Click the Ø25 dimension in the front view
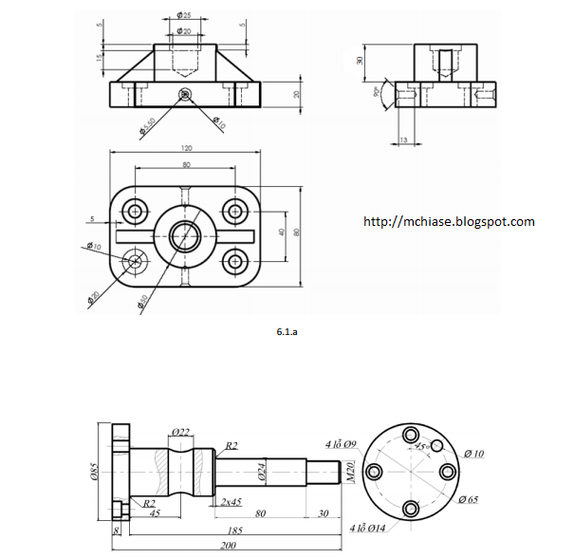coord(183,16)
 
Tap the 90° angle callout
coord(378,93)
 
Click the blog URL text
coord(449,222)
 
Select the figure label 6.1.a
coord(287,333)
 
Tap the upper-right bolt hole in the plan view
coord(233,211)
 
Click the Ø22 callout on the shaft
coord(181,432)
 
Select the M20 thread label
coord(350,469)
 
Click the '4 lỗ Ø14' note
coord(370,527)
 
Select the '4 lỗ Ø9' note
coord(342,443)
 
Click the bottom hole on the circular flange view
coord(412,507)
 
